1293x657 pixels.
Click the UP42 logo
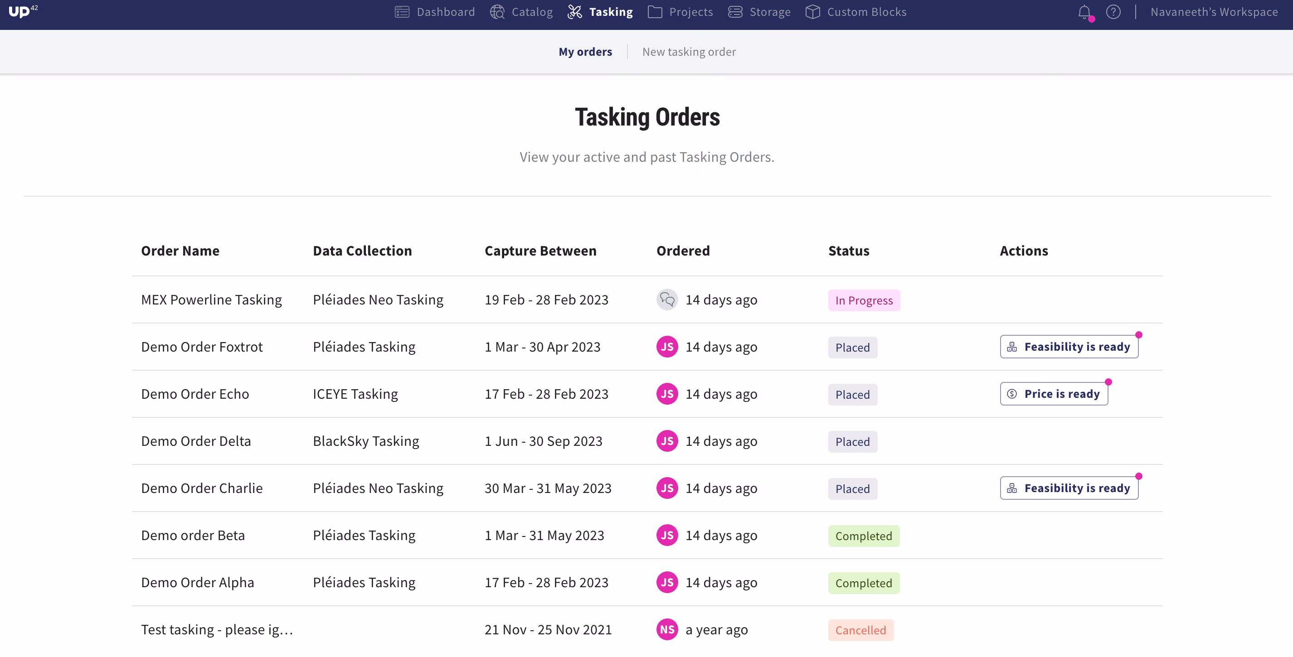[23, 11]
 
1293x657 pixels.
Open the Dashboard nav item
[435, 12]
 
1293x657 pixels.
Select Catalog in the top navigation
[521, 12]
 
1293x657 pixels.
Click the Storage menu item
[759, 12]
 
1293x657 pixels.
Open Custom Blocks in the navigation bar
[856, 12]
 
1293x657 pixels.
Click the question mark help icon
[1113, 12]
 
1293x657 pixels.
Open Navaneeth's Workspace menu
[1214, 12]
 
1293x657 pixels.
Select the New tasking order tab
[689, 52]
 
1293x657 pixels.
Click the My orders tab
[585, 52]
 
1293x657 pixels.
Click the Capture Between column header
[540, 251]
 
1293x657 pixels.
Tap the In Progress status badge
[864, 300]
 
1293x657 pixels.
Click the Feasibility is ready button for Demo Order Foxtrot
[1069, 347]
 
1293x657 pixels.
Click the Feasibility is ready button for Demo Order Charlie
[1069, 488]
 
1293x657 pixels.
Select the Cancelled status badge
[861, 630]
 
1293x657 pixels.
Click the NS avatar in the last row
[667, 629]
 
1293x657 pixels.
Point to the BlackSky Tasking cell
[366, 441]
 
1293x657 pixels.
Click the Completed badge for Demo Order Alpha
[864, 583]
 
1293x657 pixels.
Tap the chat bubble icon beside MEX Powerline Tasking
[667, 300]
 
